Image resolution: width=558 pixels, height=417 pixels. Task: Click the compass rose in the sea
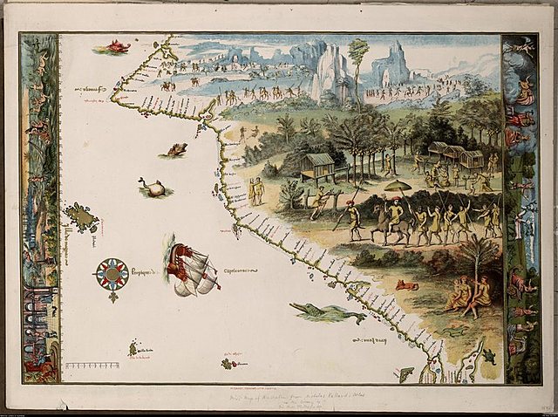tap(112, 274)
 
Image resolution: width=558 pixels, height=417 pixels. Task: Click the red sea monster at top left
tap(114, 46)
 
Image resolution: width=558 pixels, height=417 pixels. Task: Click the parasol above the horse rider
tap(398, 186)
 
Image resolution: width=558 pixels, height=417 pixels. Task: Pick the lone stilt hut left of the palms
tap(318, 164)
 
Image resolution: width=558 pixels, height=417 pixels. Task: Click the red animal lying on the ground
tap(406, 284)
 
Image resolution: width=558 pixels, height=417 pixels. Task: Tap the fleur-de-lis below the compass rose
tap(112, 297)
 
